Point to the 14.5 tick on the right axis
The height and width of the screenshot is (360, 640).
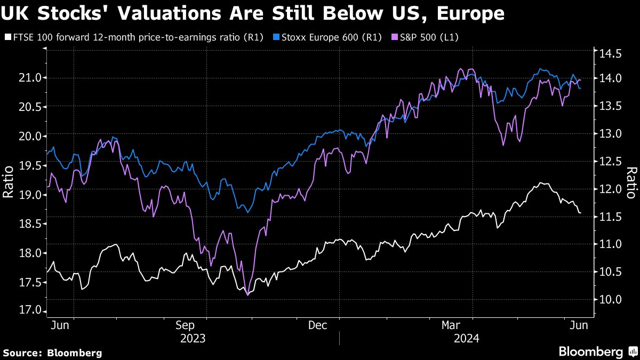coord(610,54)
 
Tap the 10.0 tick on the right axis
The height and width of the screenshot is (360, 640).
coord(610,299)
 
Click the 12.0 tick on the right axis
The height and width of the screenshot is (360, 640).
coord(610,189)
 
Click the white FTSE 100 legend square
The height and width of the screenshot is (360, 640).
coord(7,37)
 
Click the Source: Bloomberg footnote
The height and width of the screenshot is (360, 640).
coord(52,353)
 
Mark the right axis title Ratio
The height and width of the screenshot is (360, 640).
coord(631,182)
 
